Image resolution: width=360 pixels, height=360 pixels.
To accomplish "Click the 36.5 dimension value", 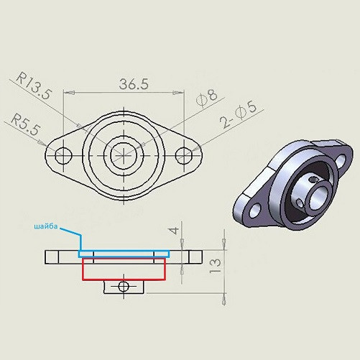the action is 134,84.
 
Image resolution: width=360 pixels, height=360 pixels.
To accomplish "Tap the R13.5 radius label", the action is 34,86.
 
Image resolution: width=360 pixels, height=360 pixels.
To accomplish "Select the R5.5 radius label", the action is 25,125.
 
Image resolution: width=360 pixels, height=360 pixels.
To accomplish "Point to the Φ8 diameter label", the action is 207,98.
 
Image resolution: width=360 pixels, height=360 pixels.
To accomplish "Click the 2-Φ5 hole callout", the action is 238,114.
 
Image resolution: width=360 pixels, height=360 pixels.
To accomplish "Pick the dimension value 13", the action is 215,266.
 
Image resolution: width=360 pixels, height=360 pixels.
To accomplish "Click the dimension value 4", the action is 174,231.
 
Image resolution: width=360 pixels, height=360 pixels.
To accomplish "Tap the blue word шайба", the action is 46,226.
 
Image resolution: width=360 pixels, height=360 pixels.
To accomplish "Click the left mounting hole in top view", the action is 63,155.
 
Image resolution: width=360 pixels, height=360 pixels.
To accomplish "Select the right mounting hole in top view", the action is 184,155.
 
